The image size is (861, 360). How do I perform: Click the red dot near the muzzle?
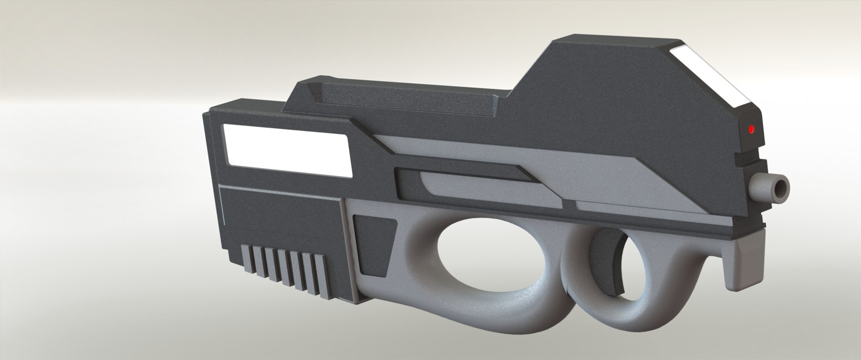pos(752,130)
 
